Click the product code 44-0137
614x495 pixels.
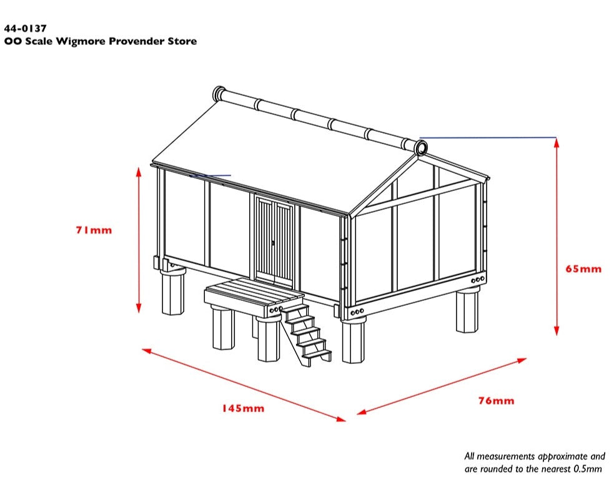tap(25, 28)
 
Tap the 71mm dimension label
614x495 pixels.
tap(94, 230)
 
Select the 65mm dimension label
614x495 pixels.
tap(583, 269)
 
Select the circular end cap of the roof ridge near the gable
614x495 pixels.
tap(420, 148)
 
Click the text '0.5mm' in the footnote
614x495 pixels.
tap(588, 469)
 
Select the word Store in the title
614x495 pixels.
tap(181, 41)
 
